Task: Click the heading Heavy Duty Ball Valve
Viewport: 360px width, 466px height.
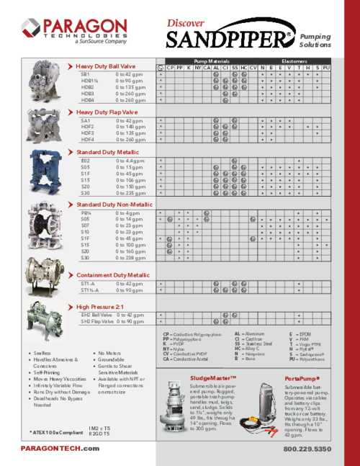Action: pyautogui.click(x=107, y=66)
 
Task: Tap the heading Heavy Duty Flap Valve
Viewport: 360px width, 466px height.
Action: pyautogui.click(x=107, y=112)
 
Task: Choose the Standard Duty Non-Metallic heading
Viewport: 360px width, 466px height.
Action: pyautogui.click(x=114, y=205)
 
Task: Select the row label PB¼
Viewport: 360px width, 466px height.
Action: pyautogui.click(x=86, y=213)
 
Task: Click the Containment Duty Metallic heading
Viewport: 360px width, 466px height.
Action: pyautogui.click(x=113, y=275)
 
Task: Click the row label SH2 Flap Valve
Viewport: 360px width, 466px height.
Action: pyautogui.click(x=96, y=321)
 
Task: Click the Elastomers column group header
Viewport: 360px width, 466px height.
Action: pyautogui.click(x=294, y=61)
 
